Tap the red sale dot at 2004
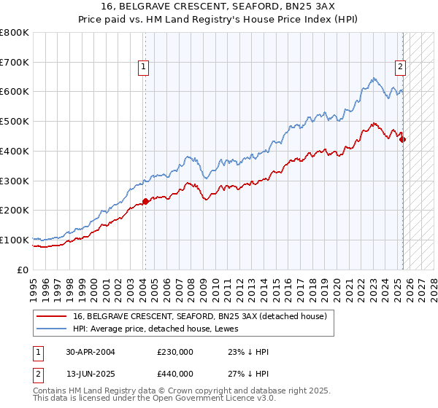[x=145, y=201]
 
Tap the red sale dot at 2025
[x=403, y=139]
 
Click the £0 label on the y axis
[x=23, y=270]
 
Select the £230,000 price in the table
[x=174, y=351]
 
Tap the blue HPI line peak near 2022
[x=372, y=79]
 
